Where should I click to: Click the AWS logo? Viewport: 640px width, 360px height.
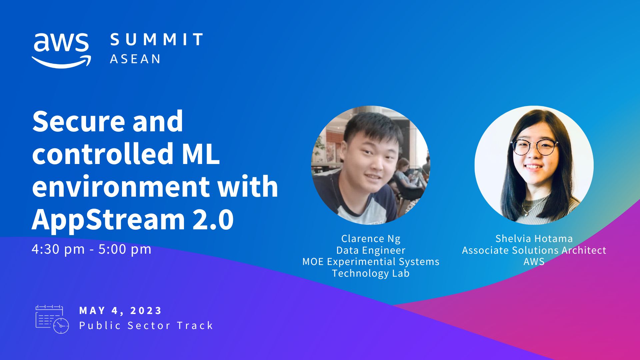tap(61, 50)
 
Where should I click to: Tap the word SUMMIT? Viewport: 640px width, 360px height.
tap(156, 39)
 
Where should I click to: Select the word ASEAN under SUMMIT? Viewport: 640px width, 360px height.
tap(135, 59)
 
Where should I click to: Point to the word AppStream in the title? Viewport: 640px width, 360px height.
tap(108, 220)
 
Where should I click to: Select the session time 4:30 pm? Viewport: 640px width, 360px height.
tap(58, 249)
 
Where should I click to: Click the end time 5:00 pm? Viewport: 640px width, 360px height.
tap(125, 249)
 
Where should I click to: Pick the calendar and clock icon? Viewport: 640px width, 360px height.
tap(52, 319)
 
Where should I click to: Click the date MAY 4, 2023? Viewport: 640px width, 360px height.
tap(120, 311)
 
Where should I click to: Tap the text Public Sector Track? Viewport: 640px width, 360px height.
tap(146, 325)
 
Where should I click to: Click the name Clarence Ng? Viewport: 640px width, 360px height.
tap(371, 239)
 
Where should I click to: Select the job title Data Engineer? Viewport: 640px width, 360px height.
tap(371, 250)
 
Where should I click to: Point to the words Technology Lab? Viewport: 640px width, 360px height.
tap(371, 273)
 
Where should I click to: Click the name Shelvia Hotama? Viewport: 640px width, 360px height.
tap(534, 239)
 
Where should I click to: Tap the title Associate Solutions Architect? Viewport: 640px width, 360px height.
tap(534, 250)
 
